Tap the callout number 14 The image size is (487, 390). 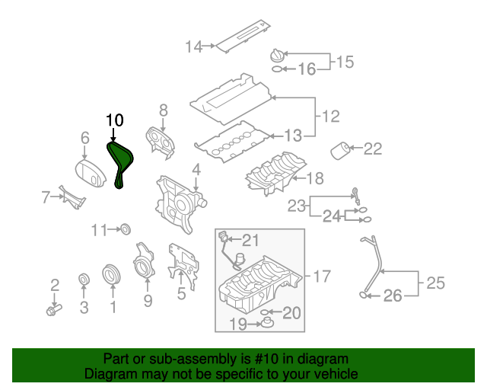193,47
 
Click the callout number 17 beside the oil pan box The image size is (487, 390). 322,274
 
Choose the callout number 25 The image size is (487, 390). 435,284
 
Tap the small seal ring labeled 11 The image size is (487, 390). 126,229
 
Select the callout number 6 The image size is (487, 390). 85,138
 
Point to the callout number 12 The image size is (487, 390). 331,117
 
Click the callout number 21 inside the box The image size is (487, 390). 250,240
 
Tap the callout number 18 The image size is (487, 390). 314,180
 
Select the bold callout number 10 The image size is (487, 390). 114,120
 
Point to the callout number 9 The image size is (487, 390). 148,301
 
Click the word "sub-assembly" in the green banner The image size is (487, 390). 174,358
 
